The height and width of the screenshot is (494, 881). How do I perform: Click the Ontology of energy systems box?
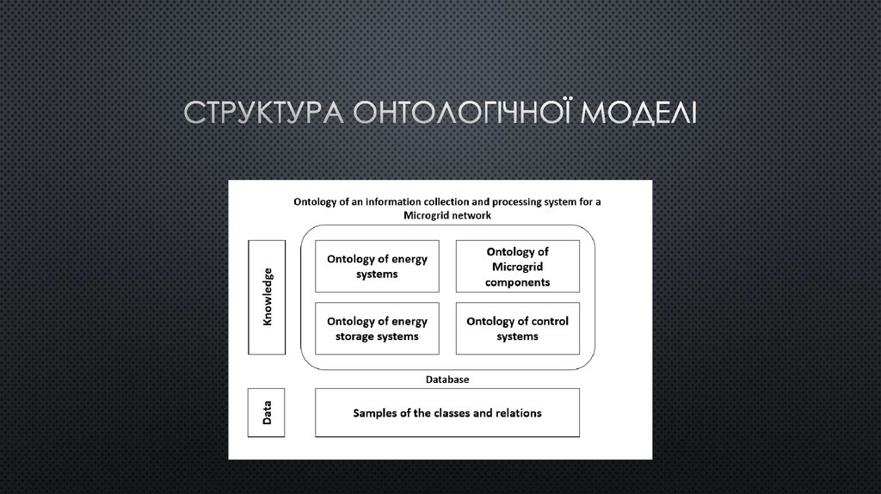[x=377, y=267]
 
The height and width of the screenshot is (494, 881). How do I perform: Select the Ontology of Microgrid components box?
[x=517, y=267]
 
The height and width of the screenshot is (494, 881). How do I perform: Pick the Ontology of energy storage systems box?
[x=377, y=329]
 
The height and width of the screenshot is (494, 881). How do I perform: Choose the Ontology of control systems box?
[x=517, y=329]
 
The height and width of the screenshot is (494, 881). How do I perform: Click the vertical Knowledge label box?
[x=266, y=297]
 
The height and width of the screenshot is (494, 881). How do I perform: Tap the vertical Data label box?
[x=266, y=412]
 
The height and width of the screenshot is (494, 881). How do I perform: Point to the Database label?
[x=447, y=379]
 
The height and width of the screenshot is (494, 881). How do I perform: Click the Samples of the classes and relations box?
[x=447, y=412]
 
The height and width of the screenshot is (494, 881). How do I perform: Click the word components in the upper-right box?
[x=517, y=281]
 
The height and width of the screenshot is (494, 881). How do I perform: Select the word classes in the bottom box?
[x=445, y=412]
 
